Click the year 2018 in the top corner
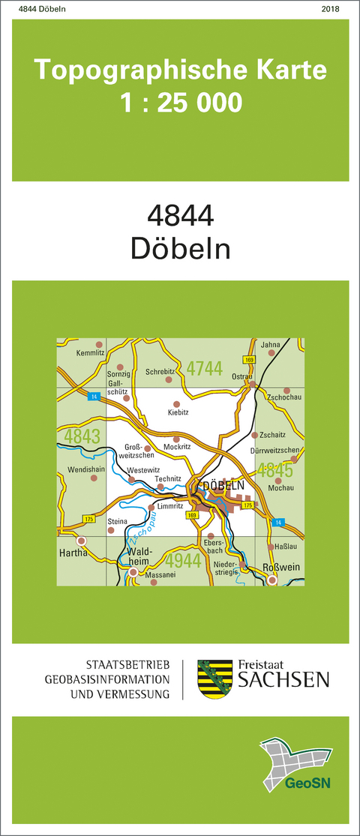click(x=329, y=9)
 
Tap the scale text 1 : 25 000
click(x=181, y=102)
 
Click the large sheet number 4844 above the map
click(x=181, y=217)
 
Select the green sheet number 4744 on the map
click(x=205, y=368)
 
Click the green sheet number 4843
click(x=82, y=436)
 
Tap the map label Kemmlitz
click(x=90, y=352)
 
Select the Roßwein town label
click(x=283, y=568)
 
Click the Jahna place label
click(x=270, y=344)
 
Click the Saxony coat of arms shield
click(x=209, y=679)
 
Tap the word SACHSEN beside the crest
click(x=283, y=679)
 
